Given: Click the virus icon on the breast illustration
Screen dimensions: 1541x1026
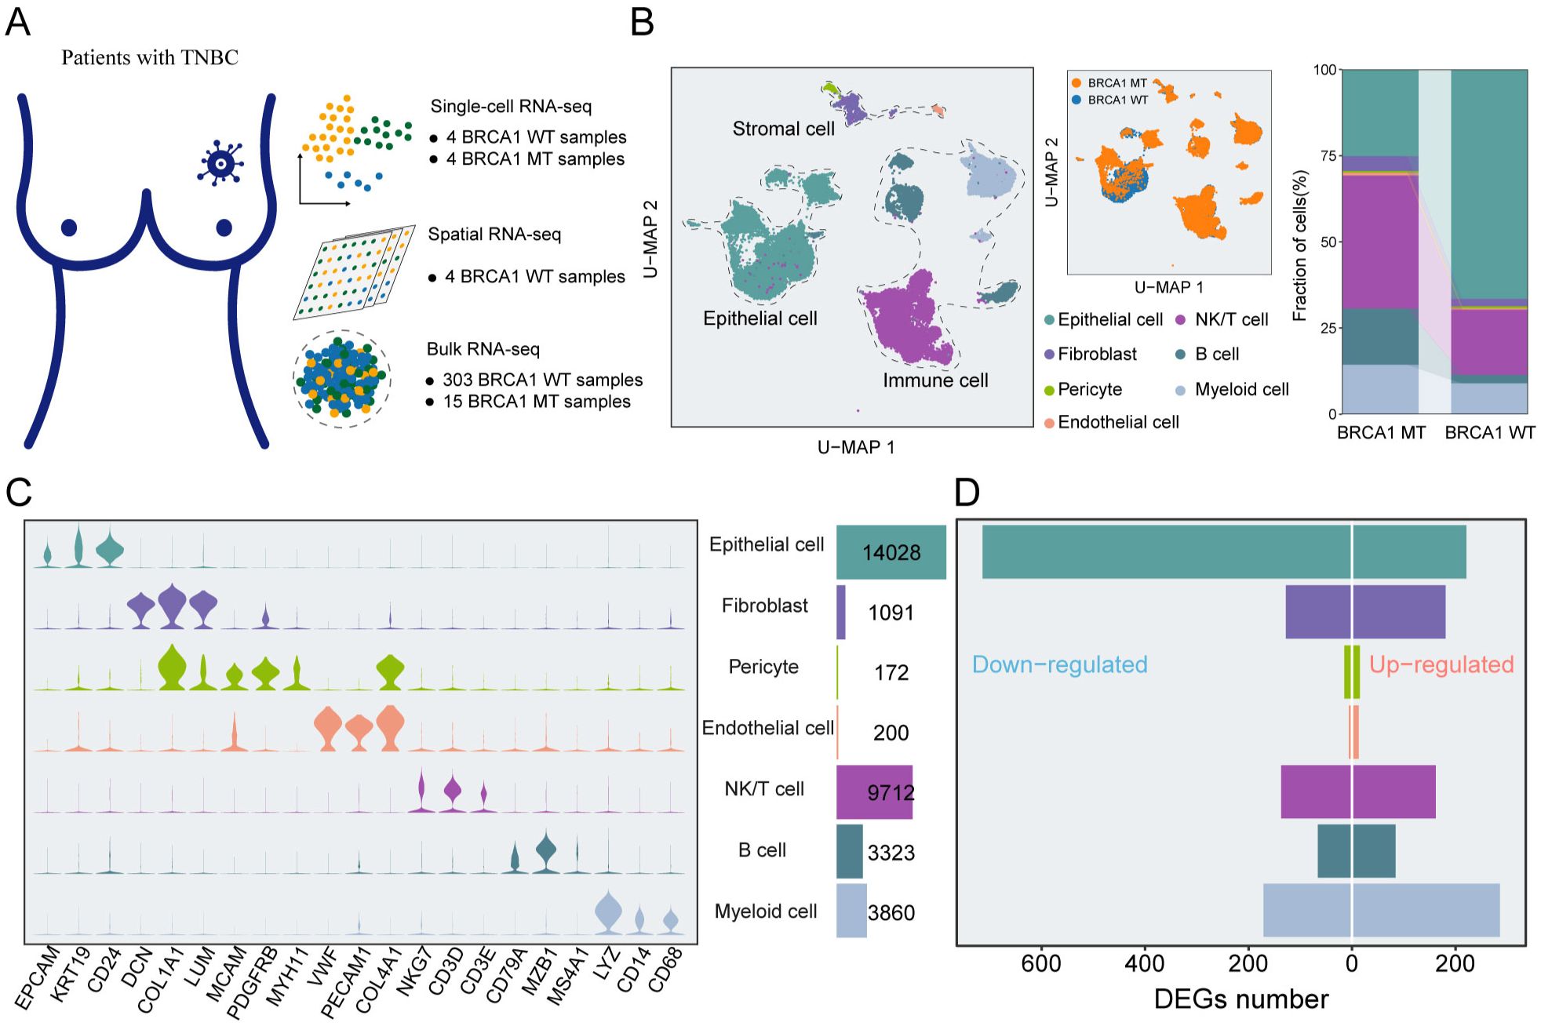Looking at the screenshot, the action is pyautogui.click(x=220, y=163).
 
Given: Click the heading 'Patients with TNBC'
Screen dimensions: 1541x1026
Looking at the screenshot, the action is pyautogui.click(x=150, y=57).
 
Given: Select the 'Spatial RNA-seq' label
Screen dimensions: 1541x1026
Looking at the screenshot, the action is pyautogui.click(x=494, y=234).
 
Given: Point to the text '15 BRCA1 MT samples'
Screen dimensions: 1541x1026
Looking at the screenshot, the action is pyautogui.click(x=537, y=402).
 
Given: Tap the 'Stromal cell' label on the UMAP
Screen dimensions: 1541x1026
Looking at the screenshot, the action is pyautogui.click(x=783, y=129).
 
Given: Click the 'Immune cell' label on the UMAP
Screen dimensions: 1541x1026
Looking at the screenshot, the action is pyautogui.click(x=935, y=380).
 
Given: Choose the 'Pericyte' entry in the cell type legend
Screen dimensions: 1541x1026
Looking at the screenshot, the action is pyautogui.click(x=1083, y=389).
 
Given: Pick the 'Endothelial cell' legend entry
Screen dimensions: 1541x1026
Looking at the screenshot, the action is pyautogui.click(x=1111, y=422).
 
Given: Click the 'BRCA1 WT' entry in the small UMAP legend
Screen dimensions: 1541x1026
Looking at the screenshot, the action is pyautogui.click(x=1109, y=100).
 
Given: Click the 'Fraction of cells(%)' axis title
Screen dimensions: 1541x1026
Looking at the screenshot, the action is pyautogui.click(x=1299, y=246).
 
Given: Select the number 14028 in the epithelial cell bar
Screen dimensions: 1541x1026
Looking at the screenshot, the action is pyautogui.click(x=891, y=552).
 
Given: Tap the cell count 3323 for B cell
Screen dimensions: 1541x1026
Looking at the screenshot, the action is pyautogui.click(x=891, y=853).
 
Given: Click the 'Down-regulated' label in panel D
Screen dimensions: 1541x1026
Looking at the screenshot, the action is pyautogui.click(x=1059, y=664).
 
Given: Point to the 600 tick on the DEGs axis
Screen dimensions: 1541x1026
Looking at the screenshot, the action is pyautogui.click(x=1041, y=963).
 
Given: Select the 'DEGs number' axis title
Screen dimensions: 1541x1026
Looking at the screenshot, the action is pyautogui.click(x=1241, y=999).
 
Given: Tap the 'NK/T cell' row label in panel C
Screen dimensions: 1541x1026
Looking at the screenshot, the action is pyautogui.click(x=764, y=789).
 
